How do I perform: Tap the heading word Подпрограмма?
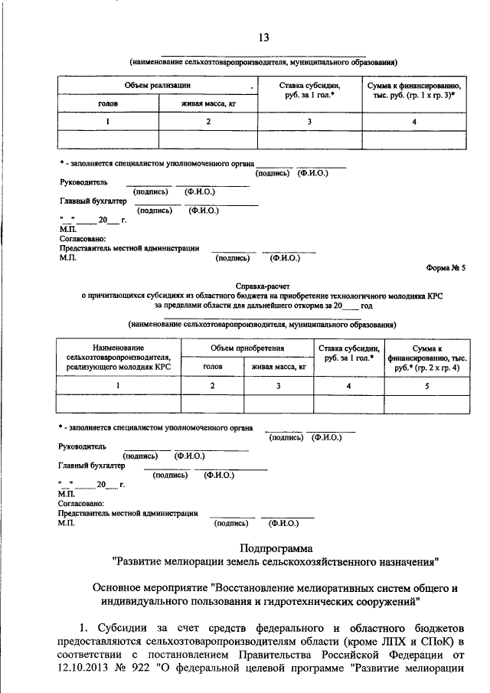[x=276, y=548]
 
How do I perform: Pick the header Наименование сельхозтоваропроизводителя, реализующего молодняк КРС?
[x=118, y=358]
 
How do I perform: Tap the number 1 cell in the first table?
[x=107, y=122]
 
